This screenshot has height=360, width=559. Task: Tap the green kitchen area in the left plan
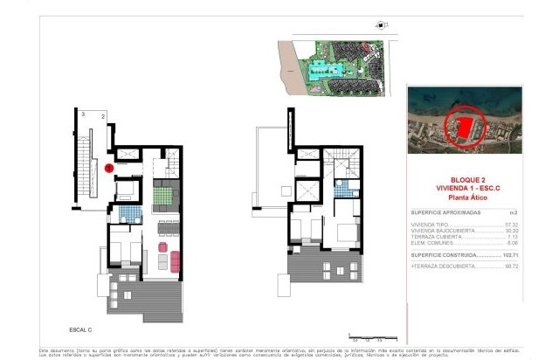point(163,194)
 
